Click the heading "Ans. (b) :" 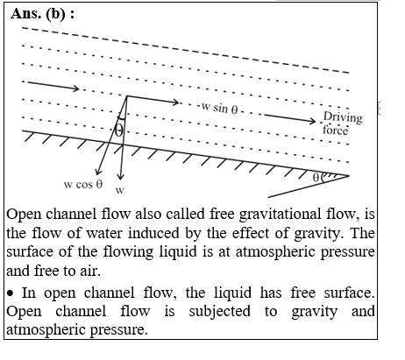tap(43, 14)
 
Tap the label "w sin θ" tap(220, 108)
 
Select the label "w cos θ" tap(83, 184)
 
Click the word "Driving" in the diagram tap(343, 117)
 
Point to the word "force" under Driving tap(336, 130)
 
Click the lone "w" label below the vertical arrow tap(120, 190)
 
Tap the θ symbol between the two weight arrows tap(118, 131)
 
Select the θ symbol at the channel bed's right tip tap(316, 177)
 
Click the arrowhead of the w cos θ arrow tap(98, 173)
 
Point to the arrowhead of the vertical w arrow tap(120, 177)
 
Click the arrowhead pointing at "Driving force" tap(313, 121)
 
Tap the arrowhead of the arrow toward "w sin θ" tap(175, 102)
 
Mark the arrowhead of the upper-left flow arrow tap(76, 88)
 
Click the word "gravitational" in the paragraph tap(280, 215)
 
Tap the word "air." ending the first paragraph tap(90, 271)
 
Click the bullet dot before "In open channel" tap(11, 293)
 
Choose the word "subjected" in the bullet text tap(219, 311)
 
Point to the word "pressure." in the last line tap(117, 330)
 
